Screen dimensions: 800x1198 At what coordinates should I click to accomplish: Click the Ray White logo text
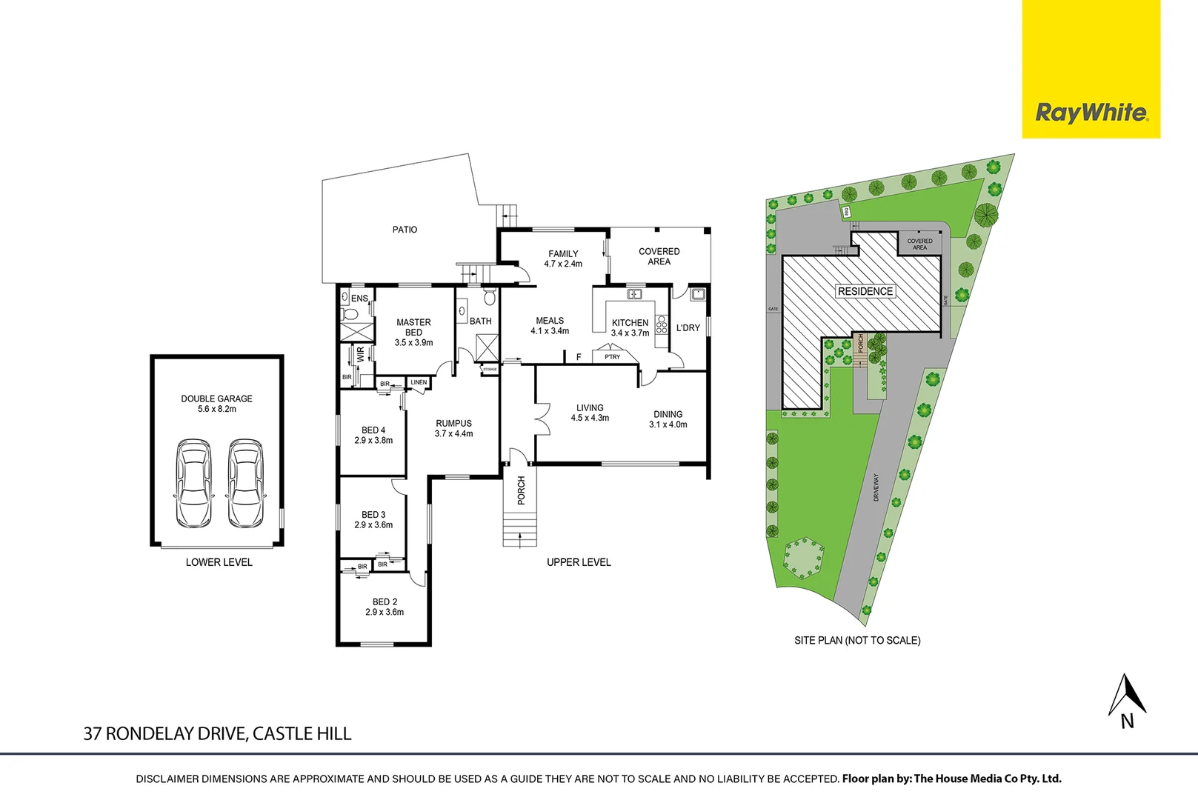point(1091,113)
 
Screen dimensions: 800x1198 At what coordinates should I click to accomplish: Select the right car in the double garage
point(245,483)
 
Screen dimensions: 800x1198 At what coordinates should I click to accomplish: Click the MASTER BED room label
point(413,327)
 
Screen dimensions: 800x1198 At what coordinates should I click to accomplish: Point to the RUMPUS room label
point(453,424)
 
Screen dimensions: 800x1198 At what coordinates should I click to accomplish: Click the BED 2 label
point(385,601)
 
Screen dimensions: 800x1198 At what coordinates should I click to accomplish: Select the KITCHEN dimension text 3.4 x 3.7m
point(630,333)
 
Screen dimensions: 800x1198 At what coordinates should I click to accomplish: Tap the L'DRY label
point(688,327)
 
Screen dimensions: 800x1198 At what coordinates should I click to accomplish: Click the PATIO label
point(405,230)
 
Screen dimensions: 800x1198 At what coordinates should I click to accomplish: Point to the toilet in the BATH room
point(489,298)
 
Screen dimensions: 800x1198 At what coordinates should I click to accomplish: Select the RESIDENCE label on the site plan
point(865,291)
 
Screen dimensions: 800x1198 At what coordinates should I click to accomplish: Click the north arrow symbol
point(1127,696)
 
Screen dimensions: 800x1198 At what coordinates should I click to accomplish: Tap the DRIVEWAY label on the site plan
point(876,487)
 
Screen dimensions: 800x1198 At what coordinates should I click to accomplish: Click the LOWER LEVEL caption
point(219,562)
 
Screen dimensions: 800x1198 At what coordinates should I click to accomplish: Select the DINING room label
point(668,415)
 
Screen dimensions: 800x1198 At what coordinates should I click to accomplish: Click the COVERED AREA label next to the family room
point(659,256)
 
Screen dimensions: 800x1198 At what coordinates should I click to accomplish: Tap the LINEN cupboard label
point(419,382)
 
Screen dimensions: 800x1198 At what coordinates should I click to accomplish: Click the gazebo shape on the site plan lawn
point(803,557)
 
